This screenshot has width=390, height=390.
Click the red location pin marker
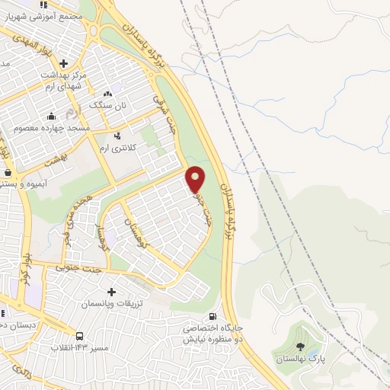[196, 179]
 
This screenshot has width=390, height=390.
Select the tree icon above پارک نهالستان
[299, 347]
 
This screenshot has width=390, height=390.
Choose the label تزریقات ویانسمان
[111, 303]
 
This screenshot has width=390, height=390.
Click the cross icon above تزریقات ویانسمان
[111, 291]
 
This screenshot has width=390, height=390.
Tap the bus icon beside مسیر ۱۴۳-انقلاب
[79, 336]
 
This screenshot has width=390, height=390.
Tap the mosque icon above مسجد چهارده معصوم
[51, 117]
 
